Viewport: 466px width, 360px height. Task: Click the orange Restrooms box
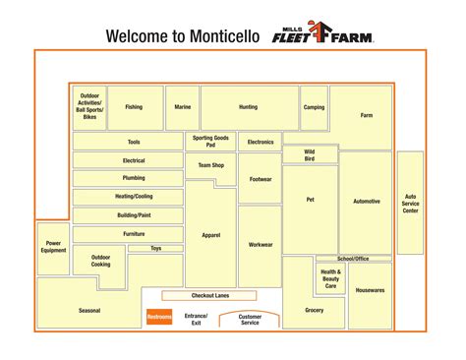click(x=159, y=317)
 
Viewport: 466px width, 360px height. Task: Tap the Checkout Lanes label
click(x=208, y=295)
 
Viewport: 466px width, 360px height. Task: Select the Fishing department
click(x=134, y=107)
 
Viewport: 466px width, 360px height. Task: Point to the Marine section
click(x=183, y=107)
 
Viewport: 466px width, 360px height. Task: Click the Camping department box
click(x=314, y=107)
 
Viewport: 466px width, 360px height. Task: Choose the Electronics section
click(x=261, y=143)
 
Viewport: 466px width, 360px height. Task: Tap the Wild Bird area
click(x=310, y=154)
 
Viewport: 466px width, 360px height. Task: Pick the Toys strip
click(x=156, y=249)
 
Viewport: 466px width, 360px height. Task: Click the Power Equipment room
click(x=54, y=247)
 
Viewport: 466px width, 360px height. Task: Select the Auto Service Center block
click(x=410, y=203)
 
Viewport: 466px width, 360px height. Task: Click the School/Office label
click(x=353, y=258)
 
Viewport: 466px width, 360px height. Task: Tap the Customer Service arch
click(x=250, y=320)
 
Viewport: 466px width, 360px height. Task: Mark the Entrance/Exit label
click(x=197, y=320)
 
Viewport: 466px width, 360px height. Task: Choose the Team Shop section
click(x=210, y=165)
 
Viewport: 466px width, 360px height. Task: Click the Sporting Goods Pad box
click(x=210, y=142)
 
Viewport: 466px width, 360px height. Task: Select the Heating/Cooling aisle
click(x=135, y=196)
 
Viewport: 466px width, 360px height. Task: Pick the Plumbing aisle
click(x=134, y=178)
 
